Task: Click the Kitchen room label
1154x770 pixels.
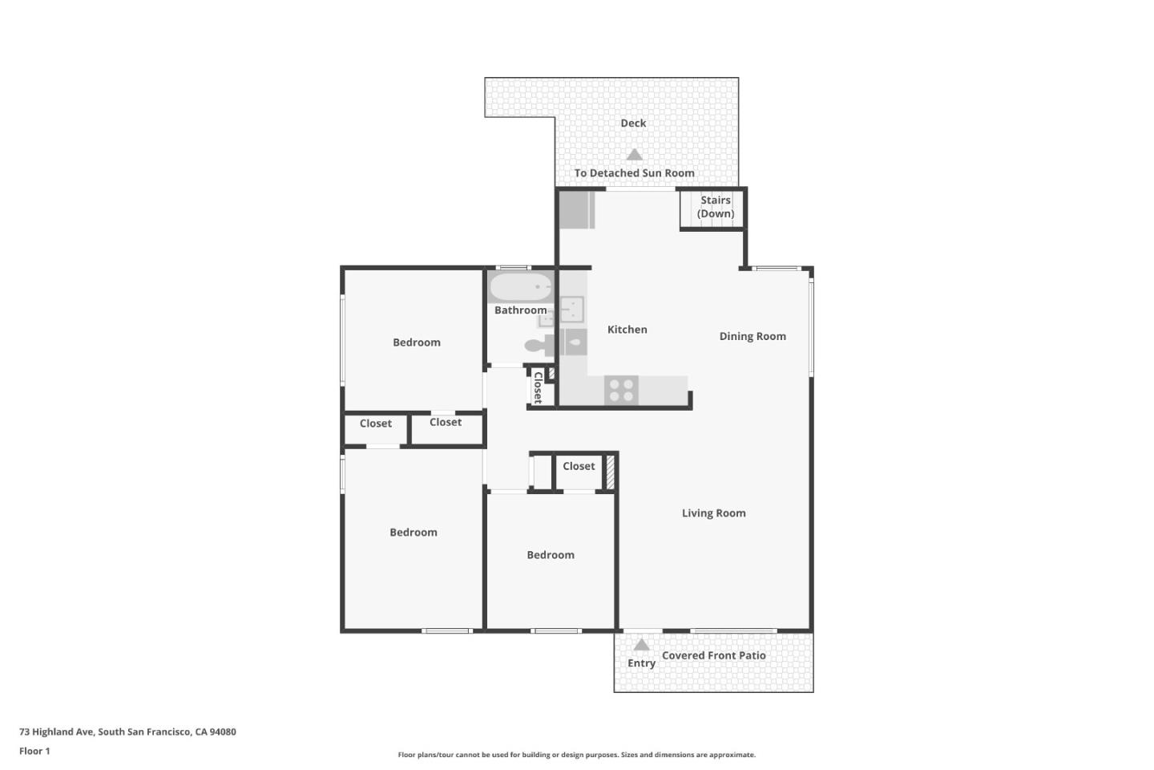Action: tap(627, 330)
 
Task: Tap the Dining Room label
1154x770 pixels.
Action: tap(752, 337)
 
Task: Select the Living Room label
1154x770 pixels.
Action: tap(713, 513)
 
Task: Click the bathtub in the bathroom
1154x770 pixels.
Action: tap(521, 287)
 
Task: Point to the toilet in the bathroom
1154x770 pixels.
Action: tap(538, 346)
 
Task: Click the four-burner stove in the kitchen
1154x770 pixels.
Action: tap(621, 391)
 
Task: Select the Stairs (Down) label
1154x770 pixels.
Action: tap(715, 207)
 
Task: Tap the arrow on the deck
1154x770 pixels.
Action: tap(634, 155)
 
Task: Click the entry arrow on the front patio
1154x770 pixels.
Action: tap(641, 645)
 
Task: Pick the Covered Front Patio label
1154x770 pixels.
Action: tap(713, 655)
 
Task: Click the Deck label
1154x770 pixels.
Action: tap(633, 124)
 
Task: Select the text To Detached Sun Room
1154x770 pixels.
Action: tap(634, 173)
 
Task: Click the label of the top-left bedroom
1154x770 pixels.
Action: tap(416, 342)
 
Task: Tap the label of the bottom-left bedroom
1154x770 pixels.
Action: tap(413, 533)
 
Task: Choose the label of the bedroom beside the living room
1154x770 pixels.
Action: tap(550, 555)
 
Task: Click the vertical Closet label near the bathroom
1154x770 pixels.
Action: tap(539, 387)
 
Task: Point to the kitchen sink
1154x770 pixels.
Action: tap(571, 308)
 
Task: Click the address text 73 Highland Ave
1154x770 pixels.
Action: tap(127, 731)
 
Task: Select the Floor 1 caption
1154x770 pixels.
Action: tap(34, 752)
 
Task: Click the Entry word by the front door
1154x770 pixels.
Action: tap(641, 663)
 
